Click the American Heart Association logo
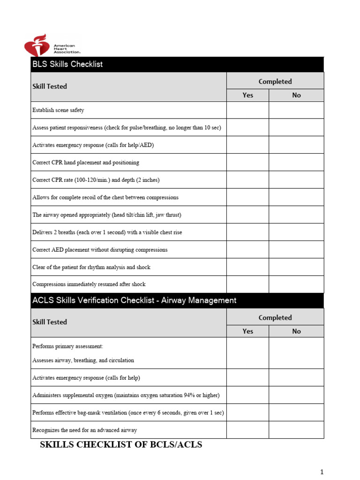[52, 45]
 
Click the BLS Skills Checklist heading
[67, 64]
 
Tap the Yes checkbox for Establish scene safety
[247, 110]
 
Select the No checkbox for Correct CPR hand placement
[296, 162]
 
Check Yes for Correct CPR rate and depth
[247, 180]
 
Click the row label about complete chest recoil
[105, 197]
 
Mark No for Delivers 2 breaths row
[296, 232]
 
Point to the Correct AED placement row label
[99, 250]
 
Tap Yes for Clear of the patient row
[247, 267]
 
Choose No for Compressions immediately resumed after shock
[296, 284]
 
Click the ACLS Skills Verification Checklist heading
[134, 300]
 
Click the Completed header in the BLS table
[275, 82]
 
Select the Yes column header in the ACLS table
[247, 331]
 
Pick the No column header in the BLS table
[296, 95]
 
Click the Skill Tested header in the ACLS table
[50, 322]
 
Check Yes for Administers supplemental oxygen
[247, 395]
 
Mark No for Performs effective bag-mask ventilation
[296, 412]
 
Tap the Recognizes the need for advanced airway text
[84, 430]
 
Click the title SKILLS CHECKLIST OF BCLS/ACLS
[121, 445]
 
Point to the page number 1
[322, 472]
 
